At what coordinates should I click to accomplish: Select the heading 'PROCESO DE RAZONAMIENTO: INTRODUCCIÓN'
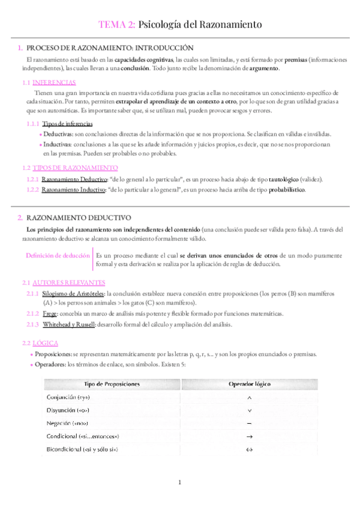111,48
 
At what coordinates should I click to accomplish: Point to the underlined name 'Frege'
50,314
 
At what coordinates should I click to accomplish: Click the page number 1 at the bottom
179,483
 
